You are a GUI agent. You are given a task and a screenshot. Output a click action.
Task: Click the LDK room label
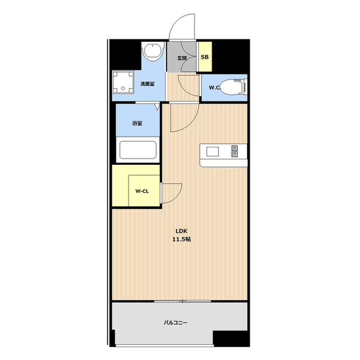tap(181, 231)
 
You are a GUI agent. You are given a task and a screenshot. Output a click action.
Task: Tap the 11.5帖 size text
tap(181, 239)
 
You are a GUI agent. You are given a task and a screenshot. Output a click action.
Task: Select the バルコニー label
tap(175, 323)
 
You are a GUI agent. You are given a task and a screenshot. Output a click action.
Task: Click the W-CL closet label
tap(142, 191)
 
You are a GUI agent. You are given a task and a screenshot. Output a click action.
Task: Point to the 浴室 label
tap(137, 123)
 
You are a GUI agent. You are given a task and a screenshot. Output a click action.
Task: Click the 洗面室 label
tap(147, 84)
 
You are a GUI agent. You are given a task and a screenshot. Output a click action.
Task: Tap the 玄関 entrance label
tap(182, 58)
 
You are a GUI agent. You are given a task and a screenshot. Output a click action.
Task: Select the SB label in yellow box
tap(205, 57)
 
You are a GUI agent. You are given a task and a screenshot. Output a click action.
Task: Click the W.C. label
tap(214, 88)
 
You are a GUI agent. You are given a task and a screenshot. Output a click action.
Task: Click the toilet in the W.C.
tap(234, 86)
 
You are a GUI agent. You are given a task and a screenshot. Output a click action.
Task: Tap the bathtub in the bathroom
tap(138, 150)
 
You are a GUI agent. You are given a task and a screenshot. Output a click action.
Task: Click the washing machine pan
tap(123, 82)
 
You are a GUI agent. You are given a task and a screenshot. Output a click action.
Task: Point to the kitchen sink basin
tap(213, 151)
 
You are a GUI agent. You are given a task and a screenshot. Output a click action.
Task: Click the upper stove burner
tap(235, 148)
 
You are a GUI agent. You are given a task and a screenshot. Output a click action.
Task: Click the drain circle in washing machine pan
tap(123, 88)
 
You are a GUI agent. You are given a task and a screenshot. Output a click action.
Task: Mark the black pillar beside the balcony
tap(231, 339)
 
